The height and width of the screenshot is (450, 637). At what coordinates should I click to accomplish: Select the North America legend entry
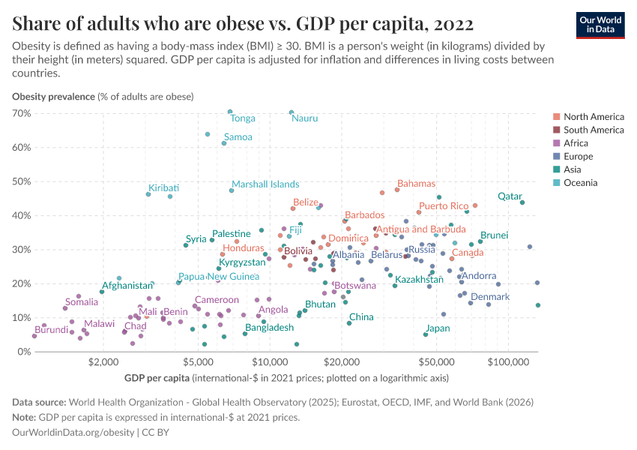[594, 116]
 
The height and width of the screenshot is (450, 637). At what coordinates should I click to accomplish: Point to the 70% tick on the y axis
[21, 113]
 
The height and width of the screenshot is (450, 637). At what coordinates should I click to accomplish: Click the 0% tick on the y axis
[24, 352]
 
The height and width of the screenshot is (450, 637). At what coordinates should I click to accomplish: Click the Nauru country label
[304, 118]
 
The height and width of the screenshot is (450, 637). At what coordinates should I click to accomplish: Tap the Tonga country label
[243, 118]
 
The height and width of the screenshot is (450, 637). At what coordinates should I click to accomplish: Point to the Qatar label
[510, 196]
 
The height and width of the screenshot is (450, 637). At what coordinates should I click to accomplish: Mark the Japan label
[438, 328]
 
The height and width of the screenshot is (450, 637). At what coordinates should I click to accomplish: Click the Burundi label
[52, 330]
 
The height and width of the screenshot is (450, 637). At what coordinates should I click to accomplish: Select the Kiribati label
[163, 187]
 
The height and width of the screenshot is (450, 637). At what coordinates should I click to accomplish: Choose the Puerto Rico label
[444, 206]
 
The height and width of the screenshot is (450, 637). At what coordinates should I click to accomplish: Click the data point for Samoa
[224, 142]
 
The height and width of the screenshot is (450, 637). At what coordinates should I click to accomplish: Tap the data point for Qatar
[522, 202]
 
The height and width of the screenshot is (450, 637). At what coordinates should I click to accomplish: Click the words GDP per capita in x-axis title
[157, 376]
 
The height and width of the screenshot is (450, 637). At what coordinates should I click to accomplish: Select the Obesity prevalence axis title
[53, 97]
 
